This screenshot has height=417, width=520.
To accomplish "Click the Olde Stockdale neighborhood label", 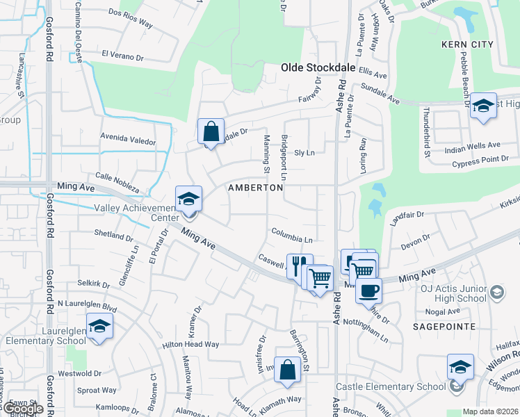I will point(318,67).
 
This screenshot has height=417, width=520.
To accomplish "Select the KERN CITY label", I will point(467,44).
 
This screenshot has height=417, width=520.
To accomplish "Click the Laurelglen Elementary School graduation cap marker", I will point(100,327).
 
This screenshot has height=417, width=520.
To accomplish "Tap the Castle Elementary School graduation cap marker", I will point(460,367).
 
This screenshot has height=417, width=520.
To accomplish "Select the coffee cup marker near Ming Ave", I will point(368,288).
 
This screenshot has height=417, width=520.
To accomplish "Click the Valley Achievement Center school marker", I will point(188,199).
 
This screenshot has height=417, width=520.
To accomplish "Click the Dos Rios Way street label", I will point(130,23).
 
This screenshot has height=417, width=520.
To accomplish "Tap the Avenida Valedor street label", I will point(128,140).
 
